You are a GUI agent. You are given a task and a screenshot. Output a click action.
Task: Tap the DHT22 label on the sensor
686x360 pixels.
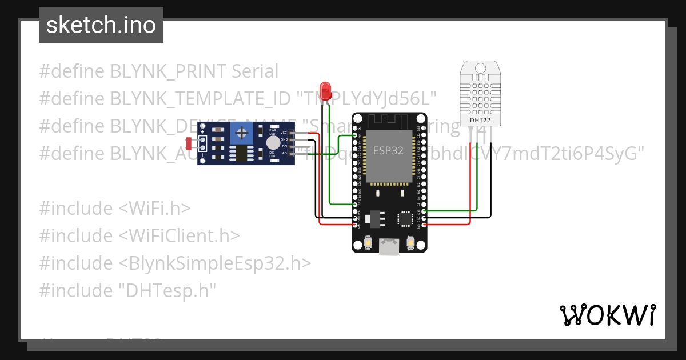tap(480, 121)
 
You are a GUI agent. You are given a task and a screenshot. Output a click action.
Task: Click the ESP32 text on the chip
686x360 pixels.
tap(389, 150)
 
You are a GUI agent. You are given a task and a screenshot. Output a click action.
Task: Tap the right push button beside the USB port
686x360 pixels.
tap(410, 244)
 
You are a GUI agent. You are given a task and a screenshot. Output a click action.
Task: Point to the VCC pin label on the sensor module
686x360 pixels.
tap(284, 133)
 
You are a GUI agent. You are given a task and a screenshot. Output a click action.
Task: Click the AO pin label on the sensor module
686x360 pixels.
tap(284, 154)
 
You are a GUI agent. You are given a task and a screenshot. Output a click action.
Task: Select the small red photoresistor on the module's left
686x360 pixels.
tap(189, 143)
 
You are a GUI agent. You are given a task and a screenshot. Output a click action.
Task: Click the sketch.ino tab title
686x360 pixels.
tap(101, 25)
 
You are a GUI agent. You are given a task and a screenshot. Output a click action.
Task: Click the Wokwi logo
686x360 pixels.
tap(607, 315)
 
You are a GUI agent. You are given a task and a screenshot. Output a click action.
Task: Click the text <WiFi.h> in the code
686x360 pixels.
tap(154, 208)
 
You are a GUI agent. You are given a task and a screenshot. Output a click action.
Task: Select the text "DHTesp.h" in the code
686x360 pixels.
tap(167, 290)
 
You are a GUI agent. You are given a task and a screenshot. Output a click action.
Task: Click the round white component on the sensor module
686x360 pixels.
tap(274, 142)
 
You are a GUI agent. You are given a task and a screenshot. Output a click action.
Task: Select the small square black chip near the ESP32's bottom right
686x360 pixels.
tap(405, 218)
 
